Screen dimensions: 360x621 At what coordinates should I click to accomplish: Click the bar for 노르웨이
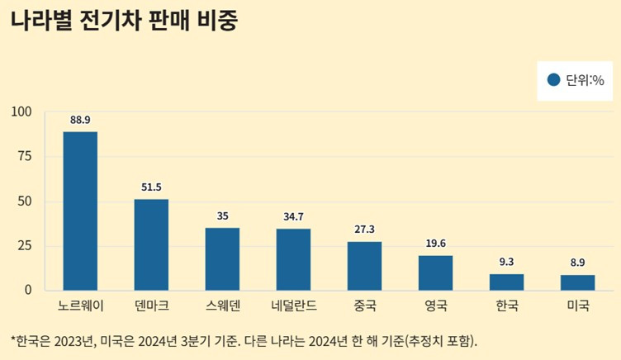80,211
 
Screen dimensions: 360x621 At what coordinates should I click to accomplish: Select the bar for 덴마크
151,244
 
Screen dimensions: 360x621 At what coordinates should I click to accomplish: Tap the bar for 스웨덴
222,258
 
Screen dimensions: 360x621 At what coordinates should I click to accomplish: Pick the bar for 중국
364,266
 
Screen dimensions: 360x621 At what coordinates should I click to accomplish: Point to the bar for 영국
435,272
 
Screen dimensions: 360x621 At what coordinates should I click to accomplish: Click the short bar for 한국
506,282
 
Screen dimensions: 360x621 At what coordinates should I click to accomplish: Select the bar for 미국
577,282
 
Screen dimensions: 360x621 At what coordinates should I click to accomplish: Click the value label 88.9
80,120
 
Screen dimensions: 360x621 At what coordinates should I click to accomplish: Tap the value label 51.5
151,187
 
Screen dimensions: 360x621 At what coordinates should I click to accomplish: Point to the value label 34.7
293,216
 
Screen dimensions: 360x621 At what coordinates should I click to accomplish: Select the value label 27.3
364,230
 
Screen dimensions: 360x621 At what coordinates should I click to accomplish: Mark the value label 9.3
506,262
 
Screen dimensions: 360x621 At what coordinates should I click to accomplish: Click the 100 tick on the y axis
21,111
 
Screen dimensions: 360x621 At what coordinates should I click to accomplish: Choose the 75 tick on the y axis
25,156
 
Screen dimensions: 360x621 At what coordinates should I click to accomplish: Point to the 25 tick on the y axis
25,246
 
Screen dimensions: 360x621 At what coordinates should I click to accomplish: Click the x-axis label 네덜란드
293,306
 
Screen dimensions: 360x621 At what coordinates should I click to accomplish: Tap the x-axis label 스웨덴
222,306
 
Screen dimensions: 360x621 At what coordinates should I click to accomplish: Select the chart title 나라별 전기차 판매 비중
124,20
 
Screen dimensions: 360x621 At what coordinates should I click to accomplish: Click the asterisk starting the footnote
13,339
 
